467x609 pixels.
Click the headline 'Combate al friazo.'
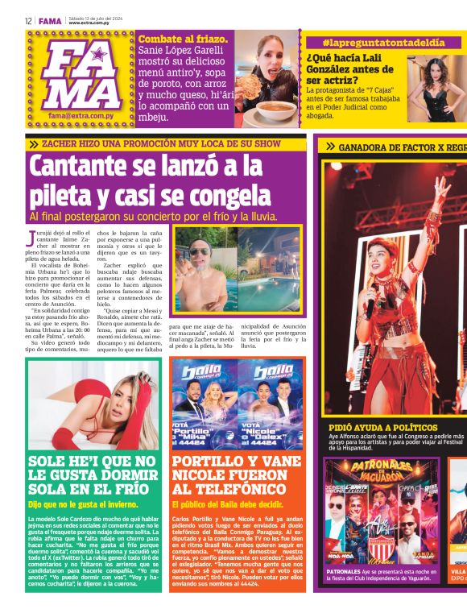(183, 38)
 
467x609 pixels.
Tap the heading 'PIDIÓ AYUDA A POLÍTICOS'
(383, 427)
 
